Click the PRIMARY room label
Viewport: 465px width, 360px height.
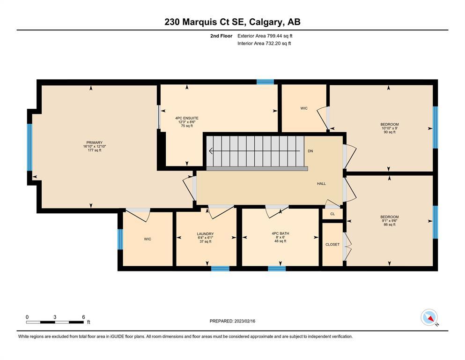(x=94, y=142)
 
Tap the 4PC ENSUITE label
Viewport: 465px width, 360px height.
(x=187, y=118)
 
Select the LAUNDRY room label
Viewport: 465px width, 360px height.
(x=205, y=234)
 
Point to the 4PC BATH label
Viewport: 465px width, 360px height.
(x=280, y=233)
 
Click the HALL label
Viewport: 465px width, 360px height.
(x=321, y=184)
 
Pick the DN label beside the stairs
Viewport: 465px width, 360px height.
(x=310, y=151)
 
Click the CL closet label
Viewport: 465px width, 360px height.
(x=332, y=214)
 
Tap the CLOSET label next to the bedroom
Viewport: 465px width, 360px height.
(x=332, y=245)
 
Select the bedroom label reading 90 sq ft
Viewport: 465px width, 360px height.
(x=390, y=124)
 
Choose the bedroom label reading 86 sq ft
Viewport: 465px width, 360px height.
(x=390, y=217)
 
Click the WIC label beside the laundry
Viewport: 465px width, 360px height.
(x=148, y=239)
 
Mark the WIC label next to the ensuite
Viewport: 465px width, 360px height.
(x=304, y=108)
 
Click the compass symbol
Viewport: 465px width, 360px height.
(x=429, y=317)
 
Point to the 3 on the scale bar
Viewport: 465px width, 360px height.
(x=55, y=317)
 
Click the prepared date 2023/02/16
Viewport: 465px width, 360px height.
(x=244, y=321)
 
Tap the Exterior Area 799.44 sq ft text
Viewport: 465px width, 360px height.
(x=265, y=36)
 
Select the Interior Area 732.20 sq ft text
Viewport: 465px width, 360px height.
(x=264, y=43)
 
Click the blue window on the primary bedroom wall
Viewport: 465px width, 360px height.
(x=30, y=147)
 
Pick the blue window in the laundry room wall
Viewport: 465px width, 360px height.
(x=220, y=269)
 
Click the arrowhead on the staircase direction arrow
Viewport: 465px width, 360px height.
(x=211, y=151)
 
